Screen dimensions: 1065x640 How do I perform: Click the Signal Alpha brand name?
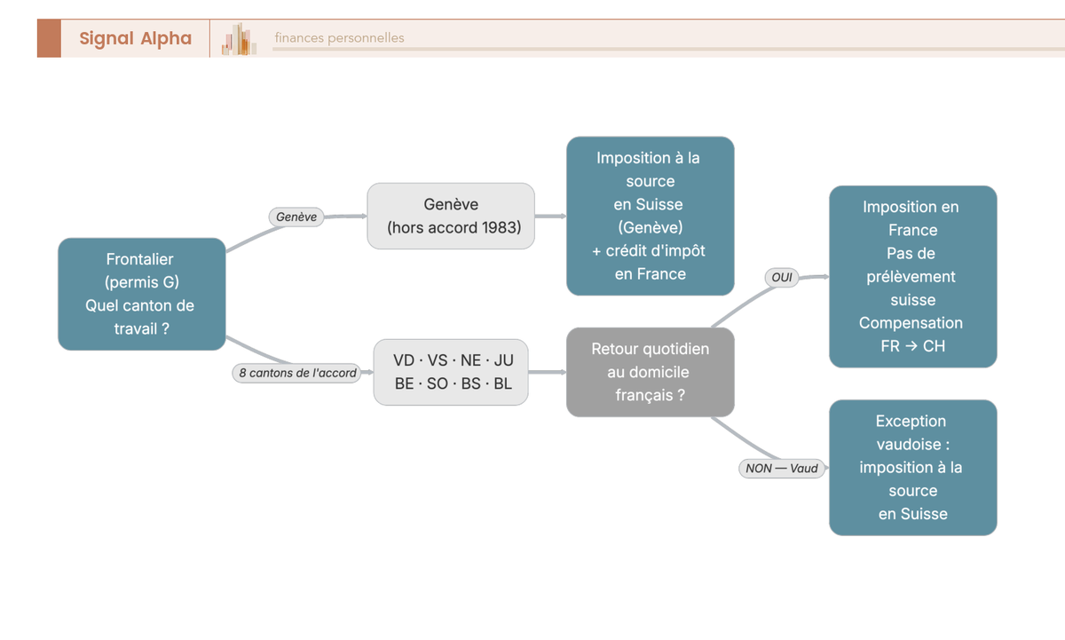(135, 38)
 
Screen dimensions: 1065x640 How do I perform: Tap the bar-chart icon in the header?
(239, 39)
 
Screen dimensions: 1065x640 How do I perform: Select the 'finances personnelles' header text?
(339, 37)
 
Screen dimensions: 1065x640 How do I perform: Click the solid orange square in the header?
(49, 38)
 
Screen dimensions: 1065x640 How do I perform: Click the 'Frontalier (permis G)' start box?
(142, 294)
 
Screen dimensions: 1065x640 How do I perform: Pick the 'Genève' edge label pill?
(296, 217)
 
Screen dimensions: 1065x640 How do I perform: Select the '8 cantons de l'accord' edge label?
(297, 373)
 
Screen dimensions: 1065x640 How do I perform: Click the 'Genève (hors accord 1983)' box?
(451, 216)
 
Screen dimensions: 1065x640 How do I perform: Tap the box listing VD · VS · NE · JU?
(451, 372)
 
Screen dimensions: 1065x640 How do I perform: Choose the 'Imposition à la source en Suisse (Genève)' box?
(651, 216)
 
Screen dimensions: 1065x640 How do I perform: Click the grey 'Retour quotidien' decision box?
(651, 372)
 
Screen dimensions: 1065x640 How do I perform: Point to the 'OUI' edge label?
(782, 277)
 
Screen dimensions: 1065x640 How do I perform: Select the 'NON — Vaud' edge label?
(782, 469)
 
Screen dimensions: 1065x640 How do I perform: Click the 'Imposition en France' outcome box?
(913, 276)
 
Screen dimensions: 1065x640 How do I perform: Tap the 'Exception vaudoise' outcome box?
(913, 468)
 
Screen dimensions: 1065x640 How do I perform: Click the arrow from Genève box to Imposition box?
(550, 216)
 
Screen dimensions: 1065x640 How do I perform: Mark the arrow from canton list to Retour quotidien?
(548, 372)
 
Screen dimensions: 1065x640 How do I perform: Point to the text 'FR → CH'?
(913, 346)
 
